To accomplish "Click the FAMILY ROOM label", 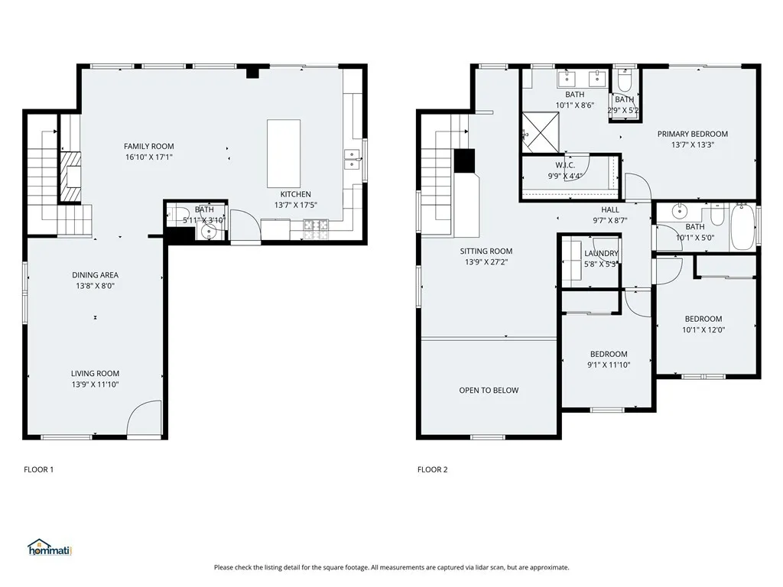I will (x=149, y=146).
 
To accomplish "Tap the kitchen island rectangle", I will (x=283, y=153).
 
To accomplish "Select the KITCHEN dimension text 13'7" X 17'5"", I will (x=295, y=205).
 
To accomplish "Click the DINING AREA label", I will (x=95, y=275).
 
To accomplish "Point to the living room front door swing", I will (x=144, y=420).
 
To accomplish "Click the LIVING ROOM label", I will (x=95, y=374).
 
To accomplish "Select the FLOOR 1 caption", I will (x=39, y=469).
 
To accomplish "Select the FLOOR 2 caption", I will (x=432, y=469).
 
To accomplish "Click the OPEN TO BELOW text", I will (x=489, y=391).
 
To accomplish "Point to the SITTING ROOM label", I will (x=486, y=251).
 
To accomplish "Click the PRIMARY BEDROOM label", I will (x=693, y=134).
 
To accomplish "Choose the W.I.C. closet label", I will (x=565, y=165).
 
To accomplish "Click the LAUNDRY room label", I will (x=601, y=254).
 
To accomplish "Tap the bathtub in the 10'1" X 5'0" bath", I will (x=742, y=227).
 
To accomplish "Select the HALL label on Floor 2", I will (x=610, y=209).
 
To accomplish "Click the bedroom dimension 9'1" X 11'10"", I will (x=609, y=365).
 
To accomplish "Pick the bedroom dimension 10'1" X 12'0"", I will (x=703, y=330).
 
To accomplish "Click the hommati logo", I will (x=49, y=547).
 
